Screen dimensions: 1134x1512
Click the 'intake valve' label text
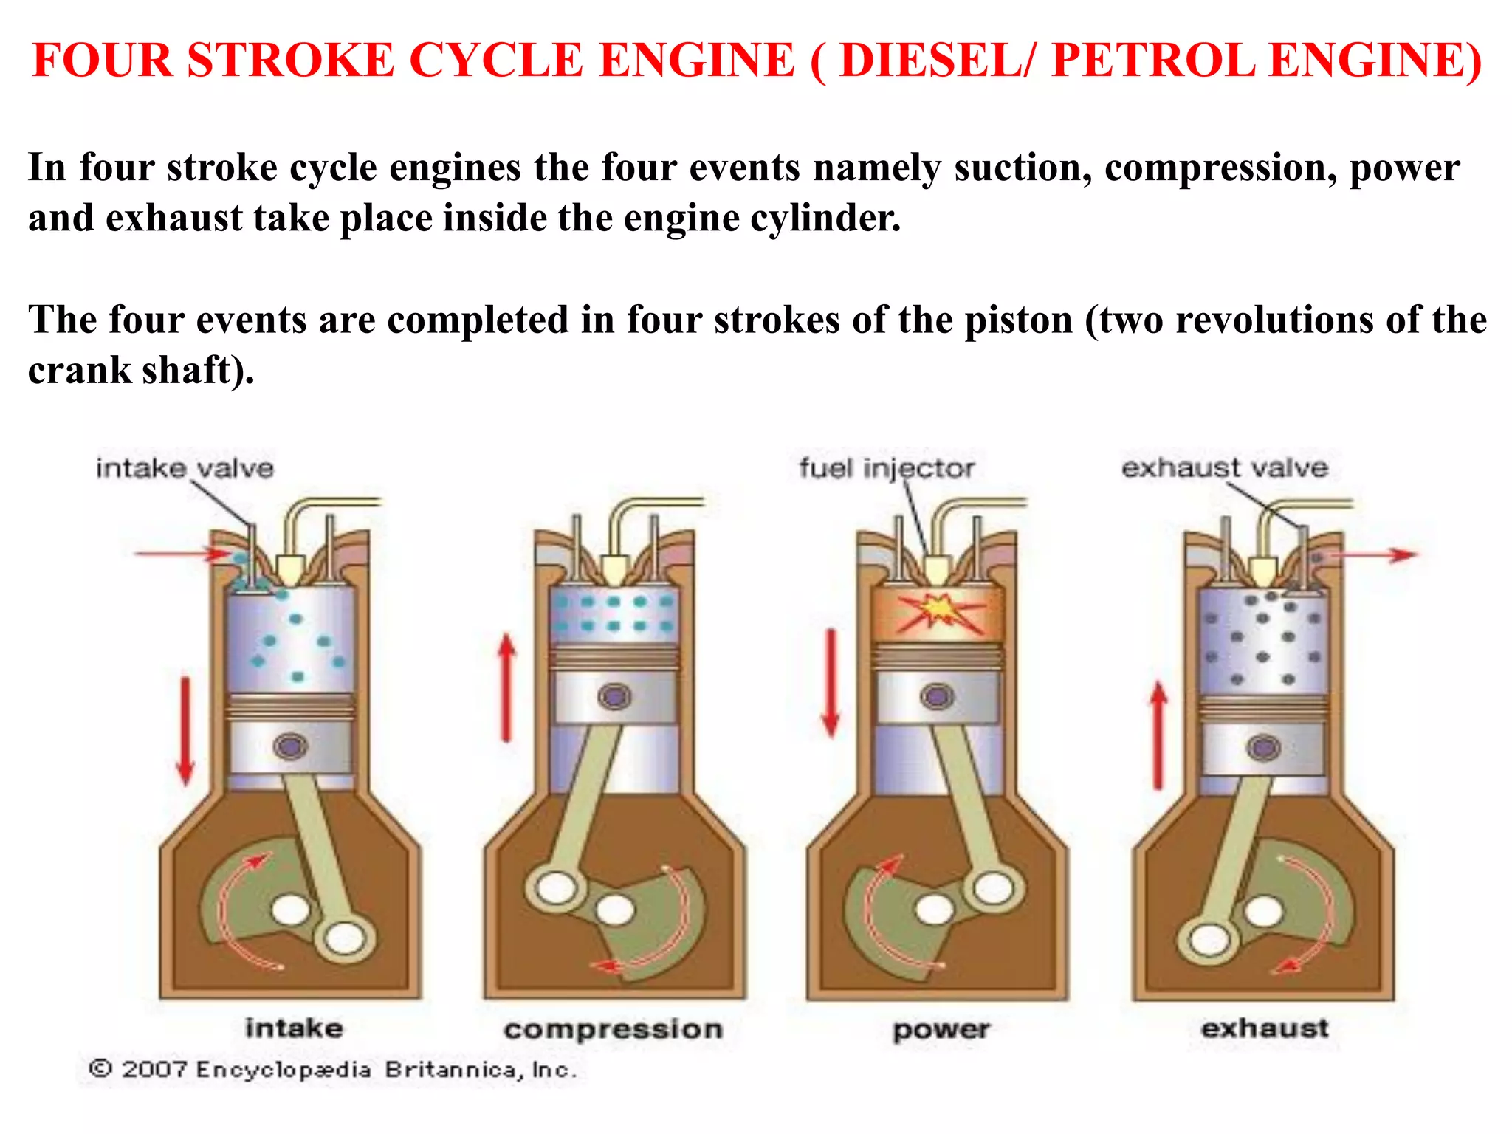(185, 468)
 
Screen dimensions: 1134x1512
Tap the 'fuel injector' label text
(887, 468)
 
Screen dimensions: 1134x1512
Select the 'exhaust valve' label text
(1225, 467)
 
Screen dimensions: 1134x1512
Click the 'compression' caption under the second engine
(613, 1029)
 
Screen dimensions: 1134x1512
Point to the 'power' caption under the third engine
(941, 1029)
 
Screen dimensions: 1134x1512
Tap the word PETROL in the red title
(1152, 61)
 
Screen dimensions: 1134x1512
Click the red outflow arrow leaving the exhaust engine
(1373, 554)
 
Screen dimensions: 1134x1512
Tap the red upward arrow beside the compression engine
(506, 687)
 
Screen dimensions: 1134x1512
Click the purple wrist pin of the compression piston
(615, 696)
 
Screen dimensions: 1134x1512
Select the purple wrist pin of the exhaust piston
(1263, 748)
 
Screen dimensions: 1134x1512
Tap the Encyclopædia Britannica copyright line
(332, 1070)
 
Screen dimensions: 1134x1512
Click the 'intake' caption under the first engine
(294, 1028)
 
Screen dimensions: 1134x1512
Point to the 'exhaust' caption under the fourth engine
(1265, 1028)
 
